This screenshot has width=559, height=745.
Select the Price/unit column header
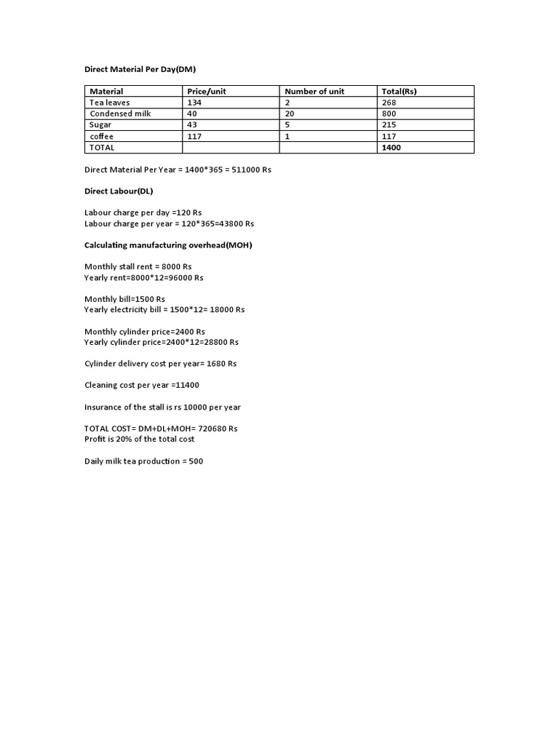pyautogui.click(x=206, y=91)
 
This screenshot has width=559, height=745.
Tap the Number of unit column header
pyautogui.click(x=314, y=91)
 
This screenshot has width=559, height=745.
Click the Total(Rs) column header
pyautogui.click(x=399, y=91)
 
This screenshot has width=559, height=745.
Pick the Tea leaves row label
pyautogui.click(x=109, y=103)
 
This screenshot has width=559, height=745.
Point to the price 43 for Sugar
pyautogui.click(x=192, y=125)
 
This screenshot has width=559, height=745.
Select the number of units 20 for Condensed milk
pyautogui.click(x=289, y=113)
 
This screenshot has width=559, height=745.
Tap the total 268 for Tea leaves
pyautogui.click(x=389, y=103)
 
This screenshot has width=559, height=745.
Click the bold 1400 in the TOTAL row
pyautogui.click(x=391, y=147)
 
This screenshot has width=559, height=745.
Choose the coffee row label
pyautogui.click(x=102, y=136)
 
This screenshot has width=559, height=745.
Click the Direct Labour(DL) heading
pyautogui.click(x=119, y=191)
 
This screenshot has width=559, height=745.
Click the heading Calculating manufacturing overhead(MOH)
pyautogui.click(x=168, y=245)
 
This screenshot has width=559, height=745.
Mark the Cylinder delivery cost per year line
pyautogui.click(x=160, y=363)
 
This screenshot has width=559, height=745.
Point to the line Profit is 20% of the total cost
pyautogui.click(x=139, y=439)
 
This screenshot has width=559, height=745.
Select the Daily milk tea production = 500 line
pyautogui.click(x=143, y=461)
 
